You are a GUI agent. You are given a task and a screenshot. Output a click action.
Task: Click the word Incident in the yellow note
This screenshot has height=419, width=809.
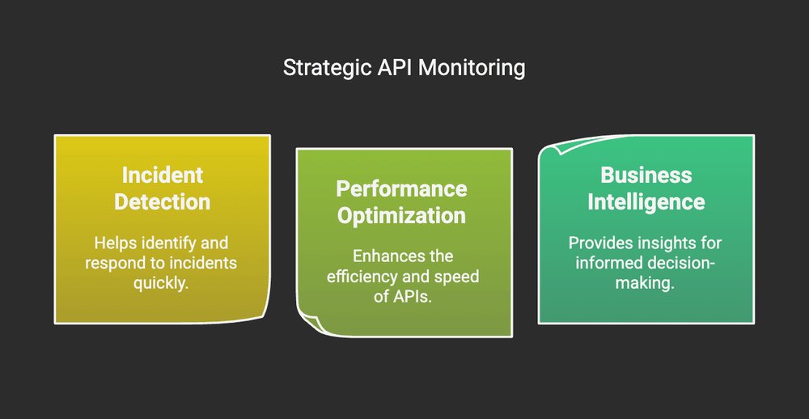point(162,176)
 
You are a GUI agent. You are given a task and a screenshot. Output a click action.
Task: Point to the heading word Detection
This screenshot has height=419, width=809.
point(162,201)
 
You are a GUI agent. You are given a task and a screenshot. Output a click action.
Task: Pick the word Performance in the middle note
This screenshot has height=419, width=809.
point(401,189)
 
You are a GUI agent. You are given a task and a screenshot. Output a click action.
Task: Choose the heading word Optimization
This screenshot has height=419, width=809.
point(401,215)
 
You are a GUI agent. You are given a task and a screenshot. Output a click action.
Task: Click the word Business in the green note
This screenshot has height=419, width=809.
point(646,176)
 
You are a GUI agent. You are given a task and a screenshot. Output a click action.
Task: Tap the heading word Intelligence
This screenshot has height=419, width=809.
point(646,201)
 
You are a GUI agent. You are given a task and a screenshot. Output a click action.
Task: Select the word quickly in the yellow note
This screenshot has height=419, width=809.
point(162,284)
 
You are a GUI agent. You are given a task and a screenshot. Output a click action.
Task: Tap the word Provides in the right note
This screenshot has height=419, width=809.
point(597,243)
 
